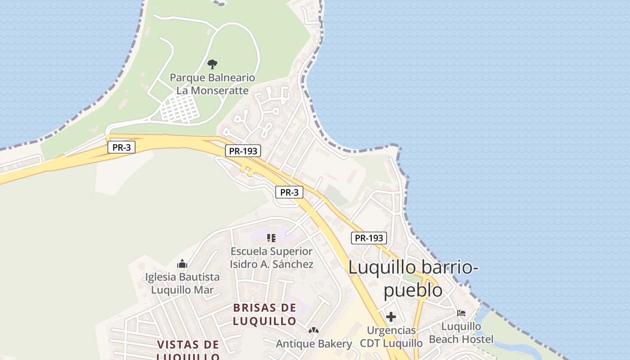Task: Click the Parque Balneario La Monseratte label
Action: (x=212, y=84)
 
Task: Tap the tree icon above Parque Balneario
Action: (x=212, y=64)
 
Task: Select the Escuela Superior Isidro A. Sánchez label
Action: (x=271, y=258)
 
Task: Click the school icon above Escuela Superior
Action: (x=271, y=238)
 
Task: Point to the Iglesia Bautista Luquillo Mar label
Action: (x=182, y=283)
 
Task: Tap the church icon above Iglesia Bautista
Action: (x=182, y=263)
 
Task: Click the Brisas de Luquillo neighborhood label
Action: (x=265, y=315)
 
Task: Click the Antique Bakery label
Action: (x=314, y=344)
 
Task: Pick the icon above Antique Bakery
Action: (x=314, y=331)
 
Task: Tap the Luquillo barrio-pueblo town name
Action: (x=413, y=279)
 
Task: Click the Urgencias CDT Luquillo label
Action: (x=391, y=337)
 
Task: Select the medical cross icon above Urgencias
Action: (x=391, y=317)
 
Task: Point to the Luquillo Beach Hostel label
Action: (x=461, y=333)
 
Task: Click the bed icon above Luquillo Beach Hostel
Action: (x=461, y=313)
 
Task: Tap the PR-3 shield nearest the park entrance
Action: (x=121, y=147)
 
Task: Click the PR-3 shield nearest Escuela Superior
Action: (x=289, y=193)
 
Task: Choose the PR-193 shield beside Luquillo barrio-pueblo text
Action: (x=369, y=238)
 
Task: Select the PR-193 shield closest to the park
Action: (x=243, y=151)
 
